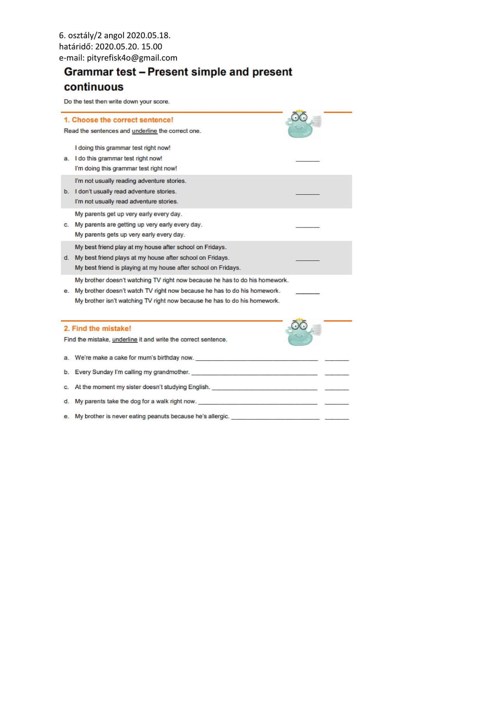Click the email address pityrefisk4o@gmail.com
[132, 58]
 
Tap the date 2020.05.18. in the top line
[148, 35]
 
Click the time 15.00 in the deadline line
[152, 47]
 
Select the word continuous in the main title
[94, 87]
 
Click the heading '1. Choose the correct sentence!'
[118, 120]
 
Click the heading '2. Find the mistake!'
[97, 329]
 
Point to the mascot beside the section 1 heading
[302, 124]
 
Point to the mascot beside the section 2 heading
[302, 332]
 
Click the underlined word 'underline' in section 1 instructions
[144, 131]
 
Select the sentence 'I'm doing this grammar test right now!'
[125, 169]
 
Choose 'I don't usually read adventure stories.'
[125, 192]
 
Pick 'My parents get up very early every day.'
[128, 214]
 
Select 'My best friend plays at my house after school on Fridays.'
[152, 258]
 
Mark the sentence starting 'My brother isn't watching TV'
[177, 301]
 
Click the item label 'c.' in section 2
[66, 387]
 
